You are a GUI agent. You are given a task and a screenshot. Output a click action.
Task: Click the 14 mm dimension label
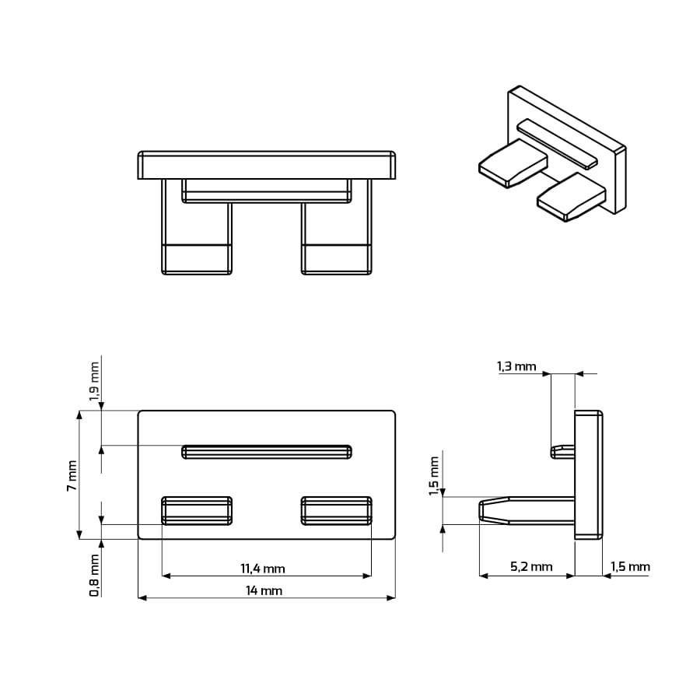(264, 590)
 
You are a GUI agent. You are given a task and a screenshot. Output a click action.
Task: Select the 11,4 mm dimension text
(263, 569)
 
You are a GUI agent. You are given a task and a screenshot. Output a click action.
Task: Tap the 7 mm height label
(72, 476)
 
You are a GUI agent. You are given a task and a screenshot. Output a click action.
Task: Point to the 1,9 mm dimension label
(94, 382)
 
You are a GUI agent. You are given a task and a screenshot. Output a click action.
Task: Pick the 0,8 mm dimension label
(94, 576)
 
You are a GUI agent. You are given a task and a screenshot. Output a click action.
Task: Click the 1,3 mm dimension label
(516, 366)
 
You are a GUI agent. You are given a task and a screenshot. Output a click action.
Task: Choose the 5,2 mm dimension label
(531, 566)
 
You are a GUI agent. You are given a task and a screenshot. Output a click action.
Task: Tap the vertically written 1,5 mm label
(434, 476)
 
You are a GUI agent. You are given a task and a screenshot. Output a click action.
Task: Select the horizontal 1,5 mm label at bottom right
(630, 566)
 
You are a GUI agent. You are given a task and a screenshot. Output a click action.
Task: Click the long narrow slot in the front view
(267, 452)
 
